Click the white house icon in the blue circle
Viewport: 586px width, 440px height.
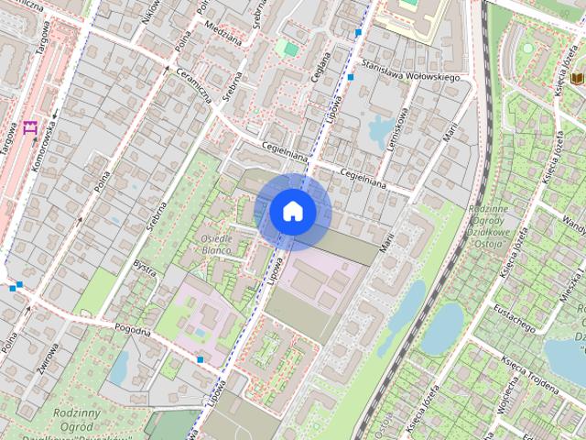pos(293,211)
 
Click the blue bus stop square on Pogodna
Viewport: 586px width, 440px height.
pos(200,359)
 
